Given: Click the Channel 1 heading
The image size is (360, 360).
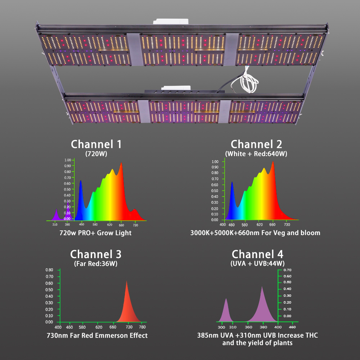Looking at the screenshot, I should coord(96,144).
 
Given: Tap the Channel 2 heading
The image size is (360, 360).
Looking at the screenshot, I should coord(256,144).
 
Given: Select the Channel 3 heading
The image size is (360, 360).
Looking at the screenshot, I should coord(96,254).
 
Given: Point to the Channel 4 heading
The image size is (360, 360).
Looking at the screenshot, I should coord(257,254).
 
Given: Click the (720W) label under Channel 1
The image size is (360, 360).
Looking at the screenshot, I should coord(96,154).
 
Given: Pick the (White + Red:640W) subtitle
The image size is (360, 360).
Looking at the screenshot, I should coord(256,154).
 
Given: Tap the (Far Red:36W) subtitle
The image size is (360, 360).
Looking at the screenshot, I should coord(96,264).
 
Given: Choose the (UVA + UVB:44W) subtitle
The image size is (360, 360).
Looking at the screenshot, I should coord(257,264).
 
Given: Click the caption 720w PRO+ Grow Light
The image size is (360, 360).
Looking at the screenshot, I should coord(95,233).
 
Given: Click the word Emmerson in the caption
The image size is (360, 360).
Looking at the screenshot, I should coord(110,336).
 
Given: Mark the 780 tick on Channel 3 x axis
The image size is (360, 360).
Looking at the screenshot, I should coord(142,327).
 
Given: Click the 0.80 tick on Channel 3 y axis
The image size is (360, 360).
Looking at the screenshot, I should coord(50,270).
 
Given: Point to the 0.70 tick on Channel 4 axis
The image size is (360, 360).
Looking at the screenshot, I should coord(287,270).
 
